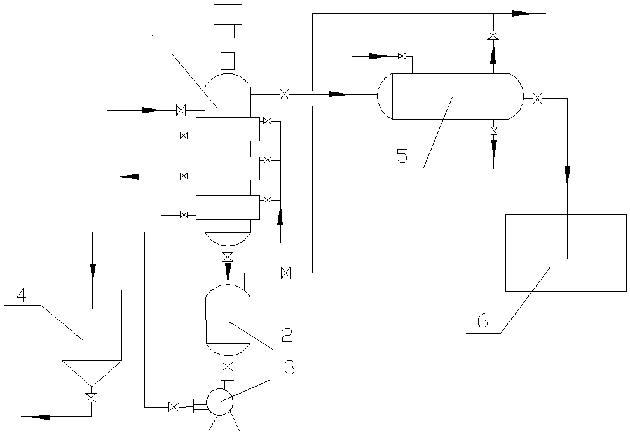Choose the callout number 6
point(483,321)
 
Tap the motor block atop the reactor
point(228,14)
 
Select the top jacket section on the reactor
point(228,129)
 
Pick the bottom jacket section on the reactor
point(228,208)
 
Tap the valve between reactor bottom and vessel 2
point(228,257)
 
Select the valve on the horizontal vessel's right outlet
point(538,98)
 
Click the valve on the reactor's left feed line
point(181,111)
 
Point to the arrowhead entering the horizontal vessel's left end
point(338,95)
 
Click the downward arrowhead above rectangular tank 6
point(567,173)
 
